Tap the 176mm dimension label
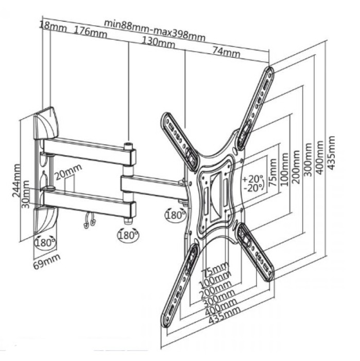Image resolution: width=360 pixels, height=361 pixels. (90, 31)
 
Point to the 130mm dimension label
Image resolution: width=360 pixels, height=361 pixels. (159, 42)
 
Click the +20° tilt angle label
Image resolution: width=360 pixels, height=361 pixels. (252, 178)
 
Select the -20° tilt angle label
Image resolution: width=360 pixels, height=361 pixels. (252, 188)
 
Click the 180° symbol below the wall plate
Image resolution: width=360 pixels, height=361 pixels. (44, 242)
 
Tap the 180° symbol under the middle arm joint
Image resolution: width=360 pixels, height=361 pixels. (128, 235)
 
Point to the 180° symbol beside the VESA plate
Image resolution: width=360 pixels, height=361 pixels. (174, 214)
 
